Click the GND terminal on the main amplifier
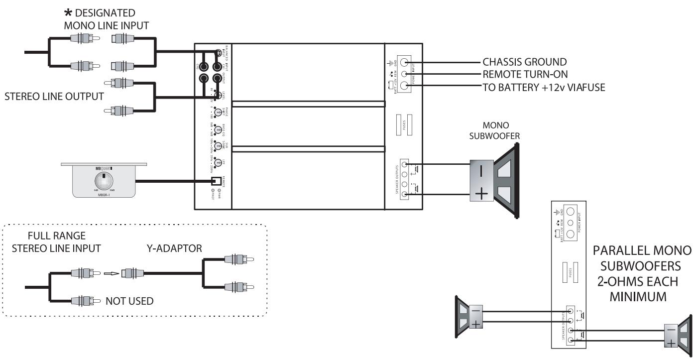click(x=404, y=63)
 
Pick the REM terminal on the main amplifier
click(x=404, y=74)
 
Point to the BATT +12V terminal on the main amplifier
click(x=404, y=86)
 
